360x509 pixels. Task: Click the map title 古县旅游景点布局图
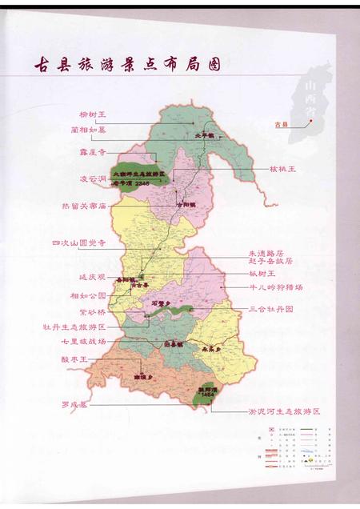125,64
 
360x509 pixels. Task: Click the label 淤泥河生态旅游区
282,410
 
